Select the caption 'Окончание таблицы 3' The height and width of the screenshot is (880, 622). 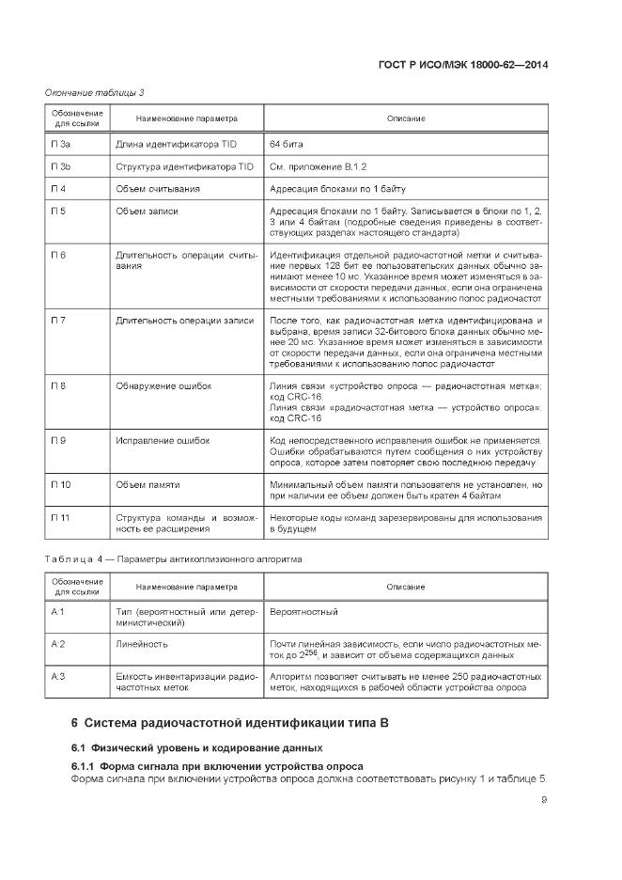(94, 91)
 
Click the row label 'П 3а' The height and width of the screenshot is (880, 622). (61, 145)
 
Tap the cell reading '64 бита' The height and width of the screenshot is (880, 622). (287, 145)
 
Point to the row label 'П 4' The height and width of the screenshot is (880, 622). (58, 189)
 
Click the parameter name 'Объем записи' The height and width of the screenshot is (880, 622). (147, 212)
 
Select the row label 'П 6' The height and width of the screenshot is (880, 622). (58, 256)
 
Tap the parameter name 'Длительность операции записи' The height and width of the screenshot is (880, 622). (184, 321)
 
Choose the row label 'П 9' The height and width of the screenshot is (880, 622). (58, 440)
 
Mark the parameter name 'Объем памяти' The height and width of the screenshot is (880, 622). (148, 485)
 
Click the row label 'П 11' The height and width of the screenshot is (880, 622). (60, 518)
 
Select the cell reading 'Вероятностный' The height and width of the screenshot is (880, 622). (303, 612)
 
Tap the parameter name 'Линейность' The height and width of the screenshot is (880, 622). (142, 644)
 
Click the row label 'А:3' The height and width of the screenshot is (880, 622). (57, 677)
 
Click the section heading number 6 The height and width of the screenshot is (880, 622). (75, 723)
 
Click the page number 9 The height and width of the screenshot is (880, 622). (545, 800)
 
